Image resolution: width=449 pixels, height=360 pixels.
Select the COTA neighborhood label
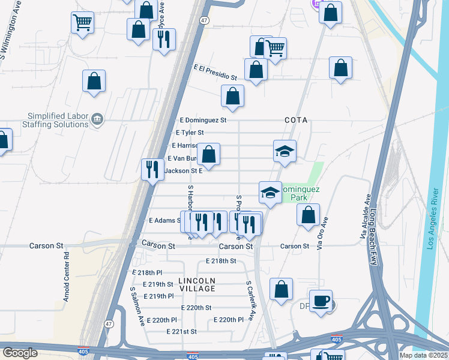(296, 120)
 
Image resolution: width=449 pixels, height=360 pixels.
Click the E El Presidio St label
(215, 73)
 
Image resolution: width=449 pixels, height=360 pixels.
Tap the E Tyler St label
(190, 133)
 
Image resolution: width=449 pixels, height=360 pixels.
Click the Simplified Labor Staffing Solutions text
(58, 120)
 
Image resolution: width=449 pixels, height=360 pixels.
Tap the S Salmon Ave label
(137, 306)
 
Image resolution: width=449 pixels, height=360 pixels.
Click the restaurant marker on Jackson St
(152, 168)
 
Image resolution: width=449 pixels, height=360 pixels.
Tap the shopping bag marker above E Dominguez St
(232, 95)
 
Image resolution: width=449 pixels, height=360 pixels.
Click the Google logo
(20, 353)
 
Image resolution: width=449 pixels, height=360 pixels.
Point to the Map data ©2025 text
(424, 355)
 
